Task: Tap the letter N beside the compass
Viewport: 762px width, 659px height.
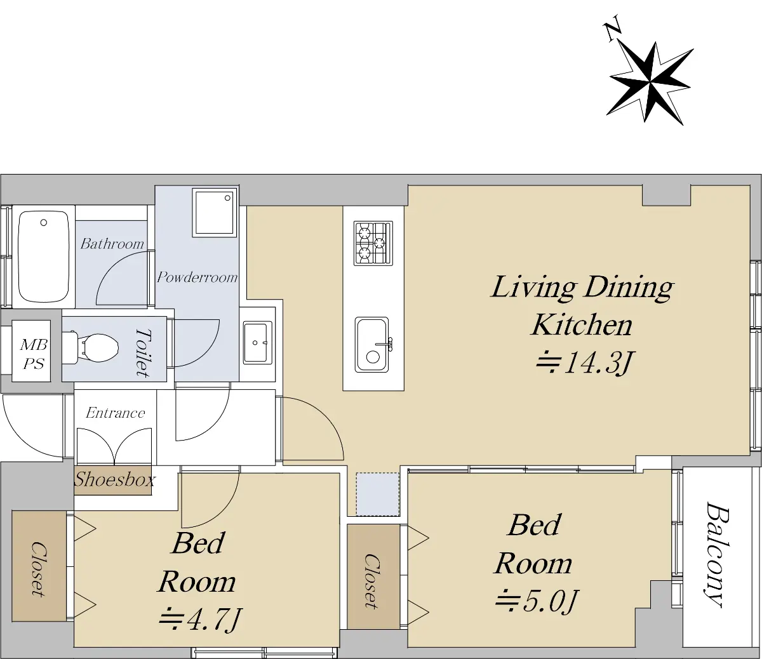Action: pyautogui.click(x=612, y=33)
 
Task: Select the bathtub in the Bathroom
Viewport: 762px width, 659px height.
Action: pyautogui.click(x=44, y=256)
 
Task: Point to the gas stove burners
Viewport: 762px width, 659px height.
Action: pyautogui.click(x=373, y=243)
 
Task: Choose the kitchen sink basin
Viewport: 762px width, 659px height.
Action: pyautogui.click(x=372, y=345)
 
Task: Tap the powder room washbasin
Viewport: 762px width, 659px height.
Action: pyautogui.click(x=257, y=342)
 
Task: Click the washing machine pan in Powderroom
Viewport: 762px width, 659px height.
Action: pyautogui.click(x=214, y=213)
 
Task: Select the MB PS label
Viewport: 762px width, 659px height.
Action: pyautogui.click(x=34, y=354)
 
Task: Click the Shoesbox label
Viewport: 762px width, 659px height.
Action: pyautogui.click(x=114, y=480)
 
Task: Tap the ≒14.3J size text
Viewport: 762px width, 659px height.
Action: pyautogui.click(x=584, y=363)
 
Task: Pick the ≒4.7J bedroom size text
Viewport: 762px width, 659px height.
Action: pyautogui.click(x=200, y=620)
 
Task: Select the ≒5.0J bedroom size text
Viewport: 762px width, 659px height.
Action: pyautogui.click(x=537, y=601)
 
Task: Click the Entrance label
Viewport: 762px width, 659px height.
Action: pyautogui.click(x=115, y=413)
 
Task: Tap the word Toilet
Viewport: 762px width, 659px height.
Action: pyautogui.click(x=144, y=353)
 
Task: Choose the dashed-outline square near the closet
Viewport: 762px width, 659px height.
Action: pyautogui.click(x=377, y=494)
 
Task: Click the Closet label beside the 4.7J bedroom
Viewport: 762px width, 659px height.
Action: pyautogui.click(x=38, y=569)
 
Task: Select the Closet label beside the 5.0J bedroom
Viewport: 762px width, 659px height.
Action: pyautogui.click(x=372, y=582)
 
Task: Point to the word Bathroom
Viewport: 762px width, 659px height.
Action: pyautogui.click(x=112, y=244)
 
